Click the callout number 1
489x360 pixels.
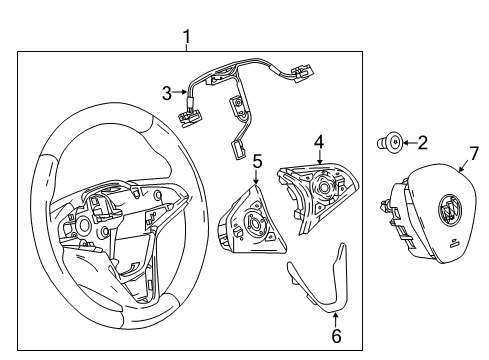(x=186, y=37)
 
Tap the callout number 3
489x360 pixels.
(x=168, y=93)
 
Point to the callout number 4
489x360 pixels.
(x=319, y=141)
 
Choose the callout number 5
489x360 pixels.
(x=257, y=160)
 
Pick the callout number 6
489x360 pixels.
(x=336, y=337)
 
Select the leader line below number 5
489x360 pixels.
(x=257, y=174)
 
